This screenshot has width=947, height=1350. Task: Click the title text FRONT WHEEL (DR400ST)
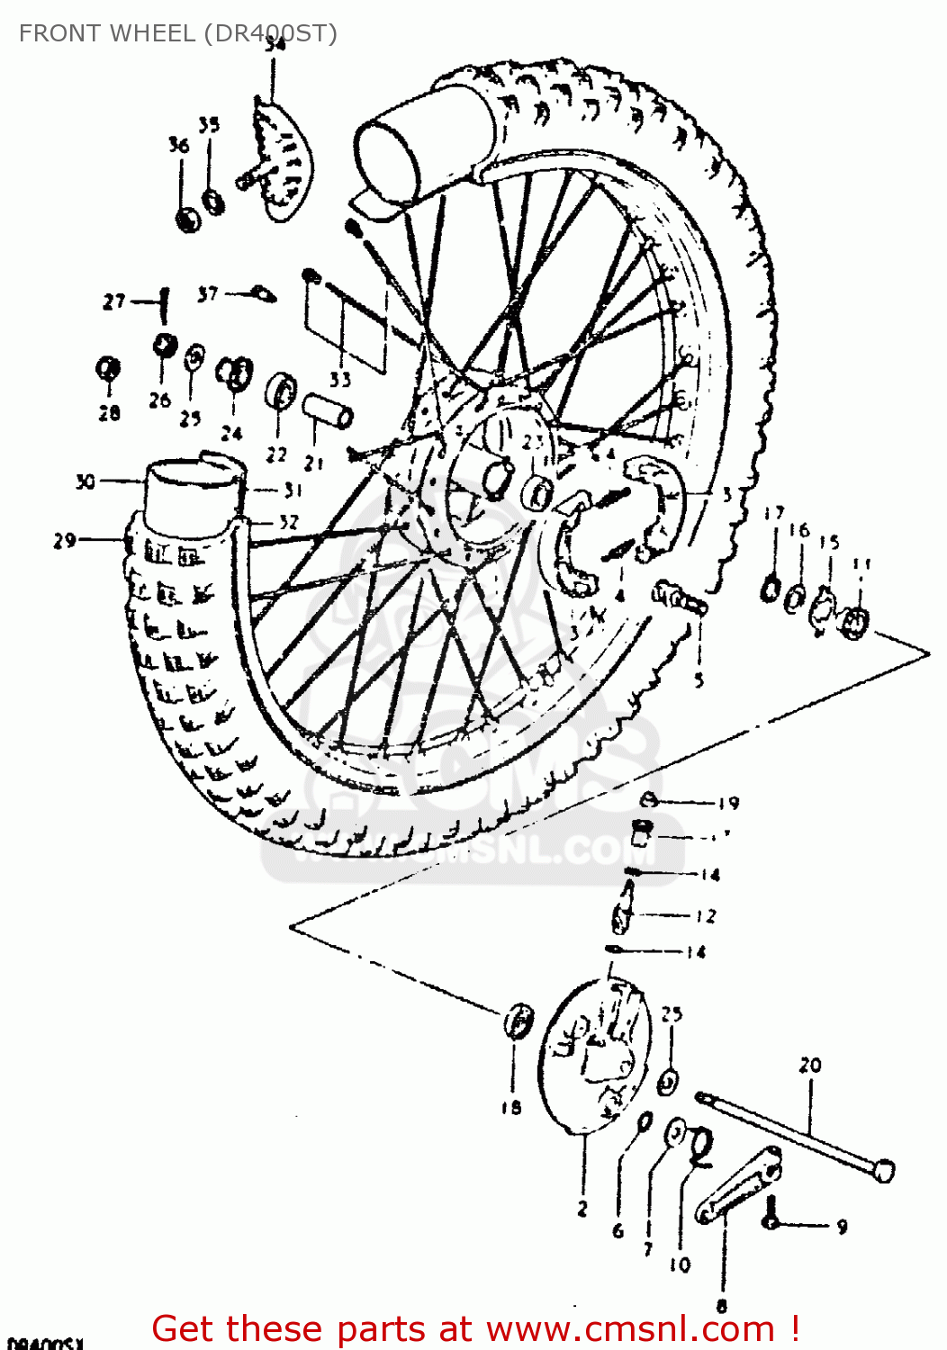click(x=177, y=33)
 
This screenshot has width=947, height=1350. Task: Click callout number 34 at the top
click(x=275, y=44)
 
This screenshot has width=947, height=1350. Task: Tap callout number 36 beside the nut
click(x=179, y=145)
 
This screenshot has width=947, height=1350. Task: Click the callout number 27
click(x=113, y=301)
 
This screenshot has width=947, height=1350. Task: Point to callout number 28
click(x=109, y=413)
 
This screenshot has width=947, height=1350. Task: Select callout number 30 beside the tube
click(x=85, y=482)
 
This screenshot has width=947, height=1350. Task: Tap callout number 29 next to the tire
click(x=64, y=541)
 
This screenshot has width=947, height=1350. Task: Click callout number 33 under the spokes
click(x=339, y=379)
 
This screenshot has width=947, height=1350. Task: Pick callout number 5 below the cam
click(x=699, y=680)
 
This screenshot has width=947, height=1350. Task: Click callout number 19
click(x=728, y=803)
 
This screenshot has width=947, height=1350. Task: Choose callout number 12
click(x=707, y=916)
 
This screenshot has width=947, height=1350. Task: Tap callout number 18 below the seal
click(x=511, y=1108)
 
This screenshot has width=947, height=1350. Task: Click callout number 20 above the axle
click(x=810, y=1066)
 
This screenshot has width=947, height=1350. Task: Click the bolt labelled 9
click(x=771, y=1220)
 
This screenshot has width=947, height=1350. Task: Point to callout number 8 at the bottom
click(x=721, y=1304)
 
